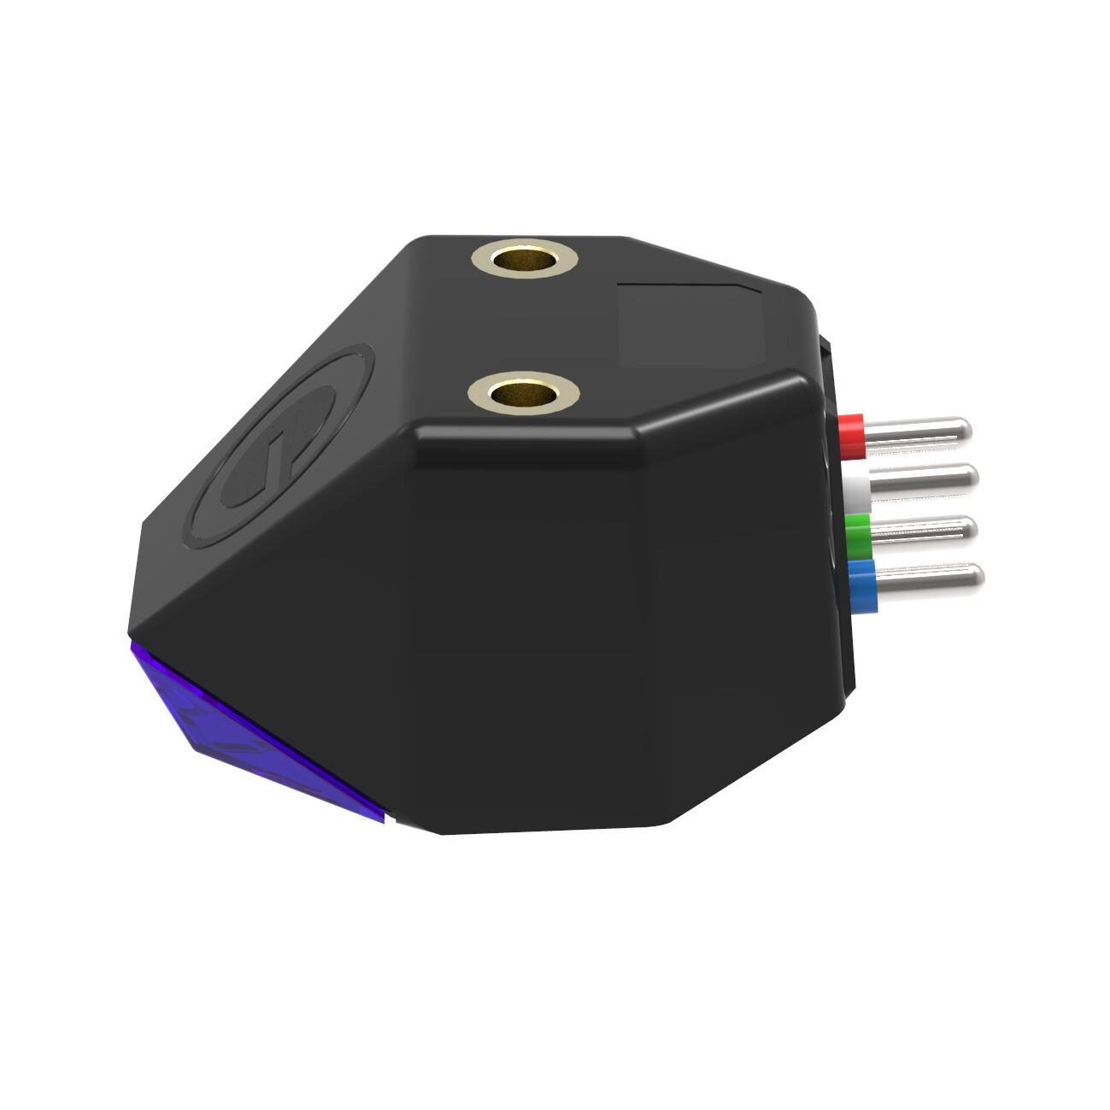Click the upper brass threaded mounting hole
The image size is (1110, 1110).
[525, 258]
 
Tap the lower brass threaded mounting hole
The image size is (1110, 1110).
[523, 393]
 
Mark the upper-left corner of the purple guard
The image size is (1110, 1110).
[133, 646]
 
